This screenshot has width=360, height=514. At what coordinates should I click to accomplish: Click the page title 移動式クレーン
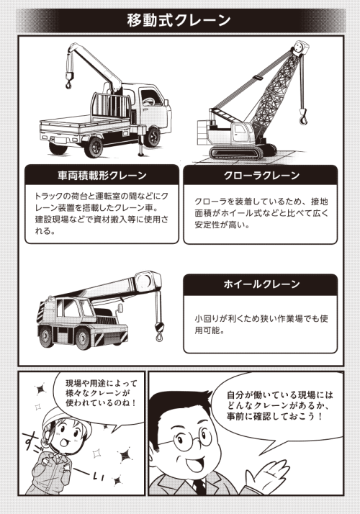[179, 21]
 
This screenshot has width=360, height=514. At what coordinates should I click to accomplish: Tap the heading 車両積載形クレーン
[102, 176]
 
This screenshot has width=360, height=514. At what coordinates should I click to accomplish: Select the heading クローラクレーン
[261, 176]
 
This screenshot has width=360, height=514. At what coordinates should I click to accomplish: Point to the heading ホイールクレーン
[261, 284]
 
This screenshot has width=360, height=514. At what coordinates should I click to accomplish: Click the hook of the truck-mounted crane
[68, 84]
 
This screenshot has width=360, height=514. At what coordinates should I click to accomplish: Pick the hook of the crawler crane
[303, 117]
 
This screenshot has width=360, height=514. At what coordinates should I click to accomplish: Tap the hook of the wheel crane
[159, 332]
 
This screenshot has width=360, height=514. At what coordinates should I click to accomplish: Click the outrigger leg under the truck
[141, 141]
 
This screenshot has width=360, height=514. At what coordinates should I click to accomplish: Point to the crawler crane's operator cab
[242, 133]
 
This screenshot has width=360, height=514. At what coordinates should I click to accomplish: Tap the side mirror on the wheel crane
[120, 308]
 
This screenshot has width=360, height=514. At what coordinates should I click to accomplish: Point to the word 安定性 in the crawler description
[207, 225]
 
